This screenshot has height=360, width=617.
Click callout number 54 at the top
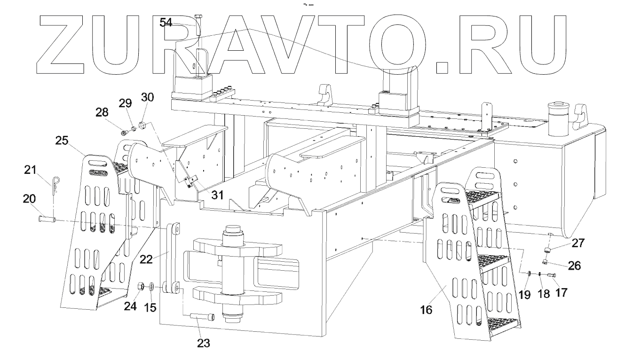(x=166, y=22)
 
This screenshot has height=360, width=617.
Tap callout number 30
(x=147, y=98)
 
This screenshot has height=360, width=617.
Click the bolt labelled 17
(x=552, y=275)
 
